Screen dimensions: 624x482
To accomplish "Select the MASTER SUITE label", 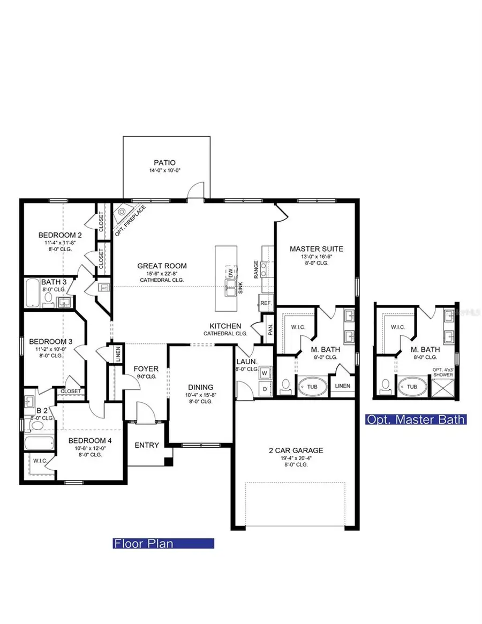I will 316,249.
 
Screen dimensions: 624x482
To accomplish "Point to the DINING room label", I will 200,387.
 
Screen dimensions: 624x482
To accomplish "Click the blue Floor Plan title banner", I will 163,544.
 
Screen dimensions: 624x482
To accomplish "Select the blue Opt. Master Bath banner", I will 415,419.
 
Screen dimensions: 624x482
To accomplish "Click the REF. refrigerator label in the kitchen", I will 266,303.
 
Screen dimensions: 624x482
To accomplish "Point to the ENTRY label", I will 146,445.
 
